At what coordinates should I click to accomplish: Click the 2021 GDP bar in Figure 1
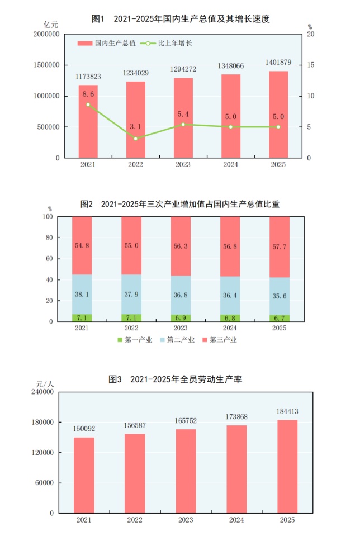pyautogui.click(x=88, y=121)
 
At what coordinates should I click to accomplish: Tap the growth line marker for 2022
pyautogui.click(x=135, y=138)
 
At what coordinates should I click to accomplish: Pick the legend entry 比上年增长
pyautogui.click(x=171, y=42)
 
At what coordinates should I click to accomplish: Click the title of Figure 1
pyautogui.click(x=180, y=19)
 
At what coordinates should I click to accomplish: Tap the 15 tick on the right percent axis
pyautogui.click(x=311, y=65)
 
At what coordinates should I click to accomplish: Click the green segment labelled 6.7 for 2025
pyautogui.click(x=280, y=318)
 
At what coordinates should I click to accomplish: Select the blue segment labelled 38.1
pyautogui.click(x=82, y=294)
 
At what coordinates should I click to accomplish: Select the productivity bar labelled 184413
pyautogui.click(x=287, y=466)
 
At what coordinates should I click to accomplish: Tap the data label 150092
pyautogui.click(x=84, y=428)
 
